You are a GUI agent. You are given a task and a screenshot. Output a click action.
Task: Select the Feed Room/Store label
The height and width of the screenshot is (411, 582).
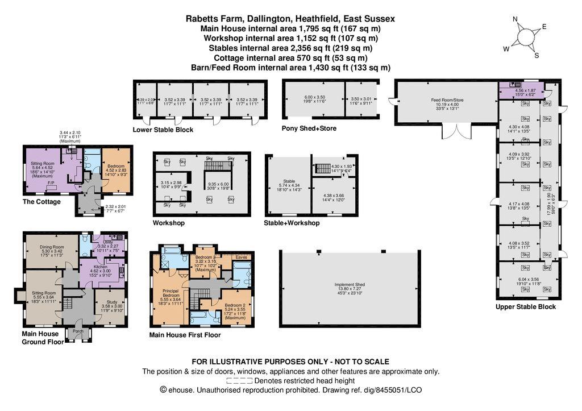coord(447,100)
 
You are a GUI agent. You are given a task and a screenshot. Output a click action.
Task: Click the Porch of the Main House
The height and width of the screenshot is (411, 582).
coord(78,331)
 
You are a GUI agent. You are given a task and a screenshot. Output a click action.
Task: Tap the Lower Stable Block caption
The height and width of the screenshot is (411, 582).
coord(163,130)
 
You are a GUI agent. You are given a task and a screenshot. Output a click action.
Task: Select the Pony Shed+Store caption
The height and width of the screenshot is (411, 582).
coord(309,128)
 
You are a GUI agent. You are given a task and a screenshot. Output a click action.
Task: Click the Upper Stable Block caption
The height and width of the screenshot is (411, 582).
coord(526,307)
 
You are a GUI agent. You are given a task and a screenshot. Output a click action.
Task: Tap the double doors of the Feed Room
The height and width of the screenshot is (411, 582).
coord(457,132)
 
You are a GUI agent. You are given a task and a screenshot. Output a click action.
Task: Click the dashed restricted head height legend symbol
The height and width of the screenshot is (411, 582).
coord(239,381)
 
